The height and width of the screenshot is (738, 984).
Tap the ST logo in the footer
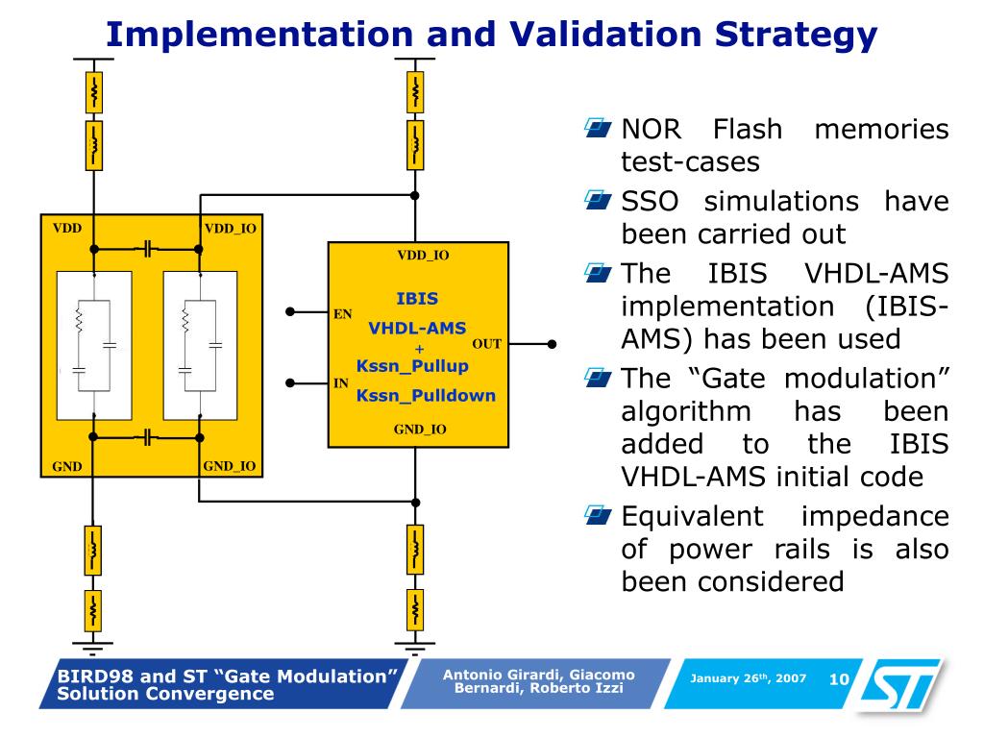click(903, 686)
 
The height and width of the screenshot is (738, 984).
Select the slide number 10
click(839, 679)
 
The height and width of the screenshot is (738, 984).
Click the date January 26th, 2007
click(748, 679)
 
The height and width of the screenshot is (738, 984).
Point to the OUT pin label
click(487, 343)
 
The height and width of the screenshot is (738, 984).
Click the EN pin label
click(341, 313)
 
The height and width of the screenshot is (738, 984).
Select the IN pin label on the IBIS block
click(340, 382)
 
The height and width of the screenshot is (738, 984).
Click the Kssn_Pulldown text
click(426, 395)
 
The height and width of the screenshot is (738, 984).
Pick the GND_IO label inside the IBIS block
click(420, 430)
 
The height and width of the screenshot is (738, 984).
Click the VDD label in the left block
click(67, 228)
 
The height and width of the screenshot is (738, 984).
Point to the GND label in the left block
click(67, 467)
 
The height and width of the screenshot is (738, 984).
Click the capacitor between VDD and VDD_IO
click(146, 249)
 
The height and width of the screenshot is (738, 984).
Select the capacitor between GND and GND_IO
click(146, 438)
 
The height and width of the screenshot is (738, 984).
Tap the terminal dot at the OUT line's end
click(552, 343)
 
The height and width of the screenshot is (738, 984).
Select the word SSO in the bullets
click(652, 202)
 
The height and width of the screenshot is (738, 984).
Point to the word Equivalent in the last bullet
click(692, 516)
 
